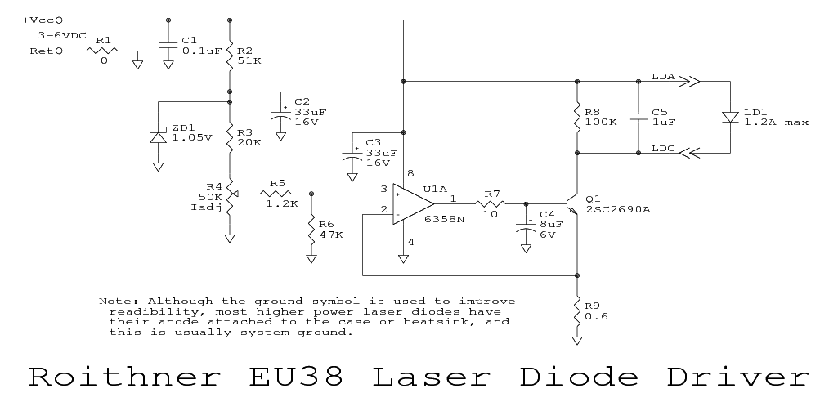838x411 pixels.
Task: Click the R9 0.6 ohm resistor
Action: pyautogui.click(x=577, y=311)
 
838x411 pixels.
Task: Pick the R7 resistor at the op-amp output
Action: pyautogui.click(x=491, y=203)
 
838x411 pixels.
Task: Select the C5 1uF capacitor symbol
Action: pyautogui.click(x=638, y=117)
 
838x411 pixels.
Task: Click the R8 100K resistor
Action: pyautogui.click(x=577, y=116)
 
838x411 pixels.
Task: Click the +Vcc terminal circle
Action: pyautogui.click(x=59, y=19)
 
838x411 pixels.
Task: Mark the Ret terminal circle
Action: pyautogui.click(x=59, y=51)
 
